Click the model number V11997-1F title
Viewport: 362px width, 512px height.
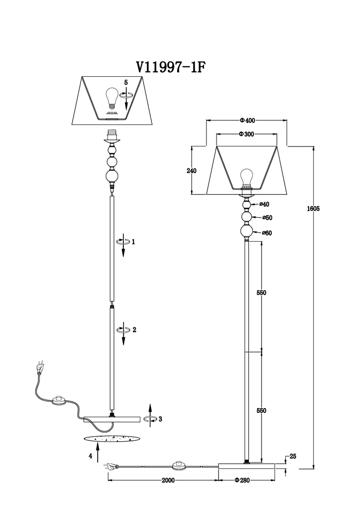coord(171,67)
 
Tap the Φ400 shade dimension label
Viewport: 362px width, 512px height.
coord(247,120)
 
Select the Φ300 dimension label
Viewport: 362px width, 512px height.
coord(246,134)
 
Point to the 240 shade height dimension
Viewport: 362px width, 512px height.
coord(191,170)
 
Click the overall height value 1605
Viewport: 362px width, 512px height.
coord(313,209)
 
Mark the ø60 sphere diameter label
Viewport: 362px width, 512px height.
coord(267,233)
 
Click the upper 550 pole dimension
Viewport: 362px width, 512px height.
coord(261,292)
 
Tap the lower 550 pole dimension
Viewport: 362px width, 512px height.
coord(261,411)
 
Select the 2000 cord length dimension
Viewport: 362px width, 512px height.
coord(168,480)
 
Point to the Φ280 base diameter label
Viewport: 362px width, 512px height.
coord(242,480)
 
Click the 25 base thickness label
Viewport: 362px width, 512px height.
coord(293,456)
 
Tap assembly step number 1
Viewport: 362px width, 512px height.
coord(133,242)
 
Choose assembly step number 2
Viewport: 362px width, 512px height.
coord(134,330)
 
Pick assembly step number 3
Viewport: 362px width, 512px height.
coord(160,419)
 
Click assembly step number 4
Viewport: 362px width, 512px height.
coord(91,456)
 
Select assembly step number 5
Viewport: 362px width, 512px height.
coord(126,82)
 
